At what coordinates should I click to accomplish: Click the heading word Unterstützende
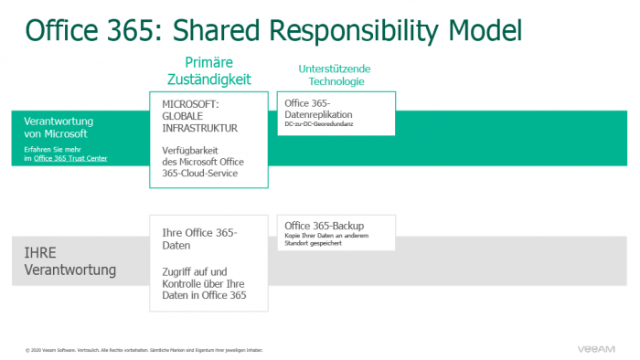(335, 69)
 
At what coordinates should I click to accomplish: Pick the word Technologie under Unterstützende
(335, 81)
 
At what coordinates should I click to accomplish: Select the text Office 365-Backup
(322, 226)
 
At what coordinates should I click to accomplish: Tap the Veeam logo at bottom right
(599, 348)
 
